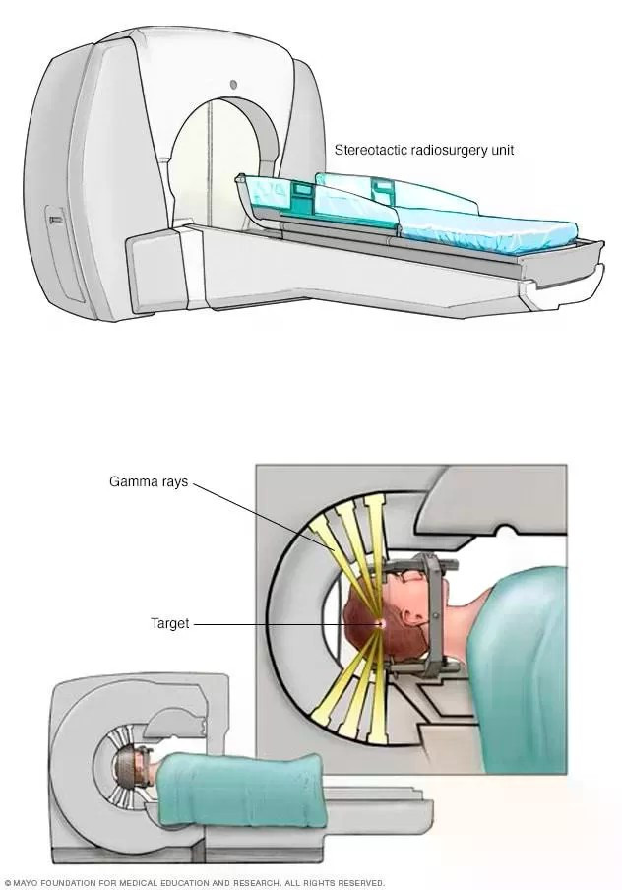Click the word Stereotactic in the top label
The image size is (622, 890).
pyautogui.click(x=365, y=151)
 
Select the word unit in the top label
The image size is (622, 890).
pyautogui.click(x=501, y=151)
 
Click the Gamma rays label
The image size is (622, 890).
pyautogui.click(x=148, y=483)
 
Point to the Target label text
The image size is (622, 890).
pyautogui.click(x=169, y=623)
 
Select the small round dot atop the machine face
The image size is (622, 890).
pyautogui.click(x=234, y=86)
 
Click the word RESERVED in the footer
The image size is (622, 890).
pyautogui.click(x=359, y=883)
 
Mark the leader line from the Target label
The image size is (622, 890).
pyautogui.click(x=276, y=624)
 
